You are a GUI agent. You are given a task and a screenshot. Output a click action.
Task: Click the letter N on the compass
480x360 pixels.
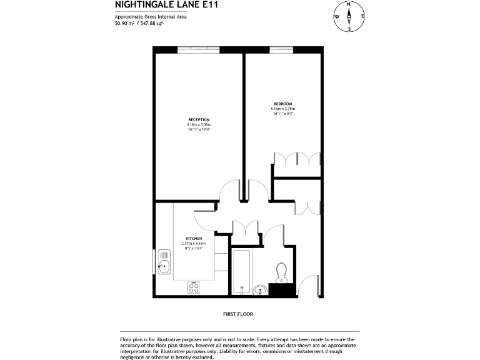[x=349, y=4]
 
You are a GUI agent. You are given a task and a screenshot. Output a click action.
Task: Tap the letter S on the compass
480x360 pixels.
[x=349, y=29]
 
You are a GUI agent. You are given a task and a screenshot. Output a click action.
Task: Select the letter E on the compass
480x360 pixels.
[x=362, y=17]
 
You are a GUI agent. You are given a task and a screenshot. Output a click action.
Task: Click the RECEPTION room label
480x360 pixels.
[x=199, y=119]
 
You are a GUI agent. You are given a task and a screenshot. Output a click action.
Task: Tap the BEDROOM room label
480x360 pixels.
[x=282, y=104]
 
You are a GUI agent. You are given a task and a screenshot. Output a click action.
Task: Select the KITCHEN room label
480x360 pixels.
[x=192, y=239]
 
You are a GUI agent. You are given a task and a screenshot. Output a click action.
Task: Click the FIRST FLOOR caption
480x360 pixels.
[x=237, y=314]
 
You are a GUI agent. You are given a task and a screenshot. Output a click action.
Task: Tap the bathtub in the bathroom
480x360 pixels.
[x=241, y=272]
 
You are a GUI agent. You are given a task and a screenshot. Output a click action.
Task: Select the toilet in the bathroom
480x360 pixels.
[x=281, y=271]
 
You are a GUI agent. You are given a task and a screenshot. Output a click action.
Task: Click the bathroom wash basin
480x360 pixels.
[x=259, y=289]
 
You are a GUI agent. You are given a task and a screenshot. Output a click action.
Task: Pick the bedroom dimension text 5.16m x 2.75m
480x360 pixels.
[x=282, y=109]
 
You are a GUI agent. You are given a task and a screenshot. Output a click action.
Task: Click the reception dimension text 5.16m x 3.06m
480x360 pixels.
[x=199, y=124]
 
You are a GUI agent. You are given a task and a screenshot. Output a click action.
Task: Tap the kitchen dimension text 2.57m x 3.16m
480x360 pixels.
[x=192, y=244]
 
